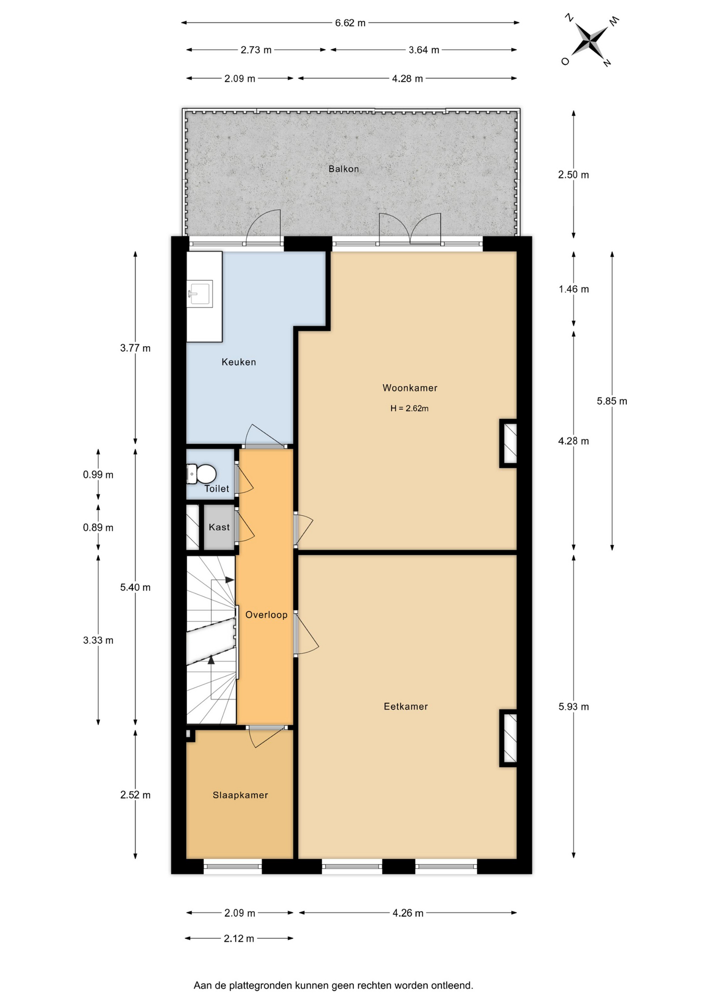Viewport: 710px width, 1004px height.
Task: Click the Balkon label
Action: tap(343, 169)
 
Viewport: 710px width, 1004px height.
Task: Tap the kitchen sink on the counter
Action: tap(200, 293)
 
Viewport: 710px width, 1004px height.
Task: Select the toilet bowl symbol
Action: tap(202, 474)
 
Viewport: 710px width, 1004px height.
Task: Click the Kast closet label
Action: tap(219, 527)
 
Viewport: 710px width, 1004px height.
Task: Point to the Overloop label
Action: tap(266, 615)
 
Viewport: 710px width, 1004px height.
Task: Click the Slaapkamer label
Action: tap(240, 795)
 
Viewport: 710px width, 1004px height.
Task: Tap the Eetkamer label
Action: tap(406, 707)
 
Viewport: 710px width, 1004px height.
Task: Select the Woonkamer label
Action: tap(410, 388)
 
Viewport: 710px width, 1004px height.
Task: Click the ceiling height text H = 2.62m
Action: tap(409, 408)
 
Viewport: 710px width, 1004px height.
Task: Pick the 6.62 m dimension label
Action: tap(350, 23)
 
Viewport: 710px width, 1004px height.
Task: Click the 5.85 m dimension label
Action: tap(612, 401)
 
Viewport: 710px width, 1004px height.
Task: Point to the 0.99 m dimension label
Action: tap(98, 475)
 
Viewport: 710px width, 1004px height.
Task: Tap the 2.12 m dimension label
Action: tap(239, 939)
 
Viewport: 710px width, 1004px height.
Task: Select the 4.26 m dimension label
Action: tap(408, 913)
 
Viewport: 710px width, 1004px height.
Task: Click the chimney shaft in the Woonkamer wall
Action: tap(509, 443)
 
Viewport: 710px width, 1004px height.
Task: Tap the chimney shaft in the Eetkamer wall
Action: tap(509, 738)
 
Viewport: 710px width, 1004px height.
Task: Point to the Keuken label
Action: tap(238, 362)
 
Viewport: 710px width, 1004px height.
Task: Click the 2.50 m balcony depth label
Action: tap(574, 175)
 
